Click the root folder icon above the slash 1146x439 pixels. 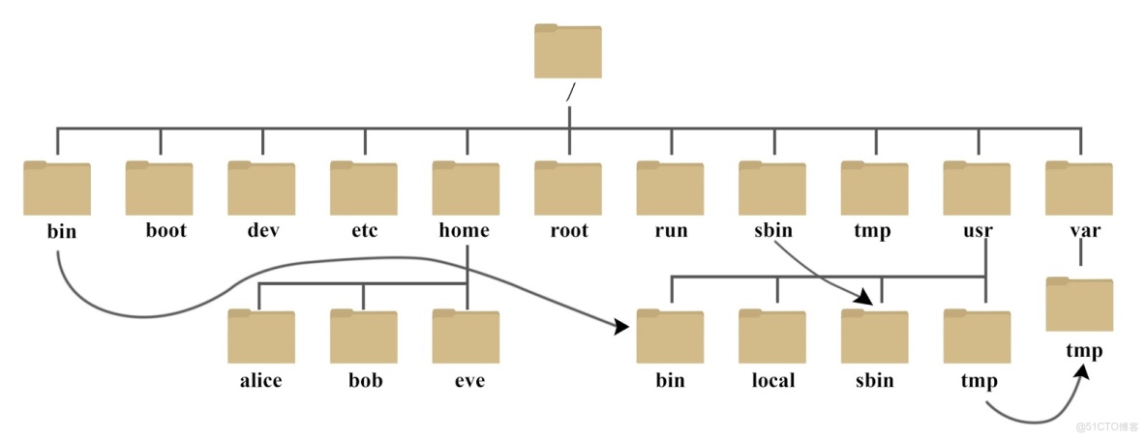tap(568, 51)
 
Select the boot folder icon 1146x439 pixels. tap(159, 189)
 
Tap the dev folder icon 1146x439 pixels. tap(261, 189)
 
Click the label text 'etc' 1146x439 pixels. tap(364, 231)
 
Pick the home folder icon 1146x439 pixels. tap(466, 189)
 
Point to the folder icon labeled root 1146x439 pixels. tap(568, 189)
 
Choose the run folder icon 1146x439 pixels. tap(670, 189)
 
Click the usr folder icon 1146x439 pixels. tap(977, 189)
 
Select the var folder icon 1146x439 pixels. tap(1079, 189)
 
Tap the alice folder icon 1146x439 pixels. tap(261, 337)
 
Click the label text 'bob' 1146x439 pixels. tap(365, 380)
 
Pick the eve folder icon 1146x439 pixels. tap(466, 337)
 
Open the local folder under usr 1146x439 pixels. tap(772, 337)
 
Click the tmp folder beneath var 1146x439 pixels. tap(1079, 306)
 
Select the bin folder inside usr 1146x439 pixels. tap(670, 337)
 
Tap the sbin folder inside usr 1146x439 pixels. tap(874, 337)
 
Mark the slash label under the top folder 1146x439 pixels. tap(571, 93)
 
